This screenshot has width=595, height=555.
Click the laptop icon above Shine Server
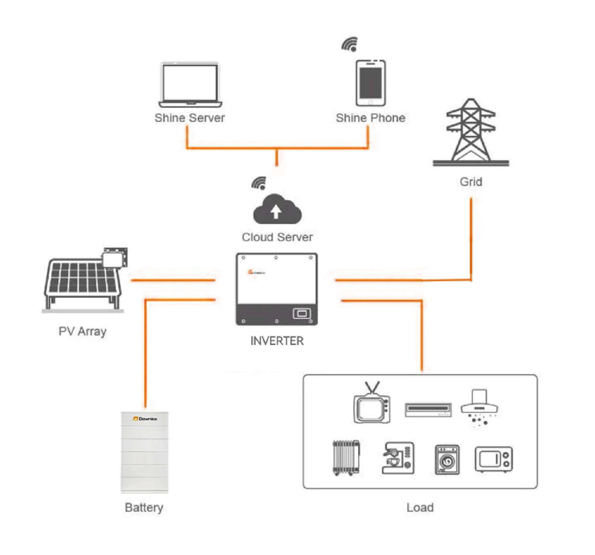190,85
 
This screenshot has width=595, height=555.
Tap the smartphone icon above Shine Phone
370,83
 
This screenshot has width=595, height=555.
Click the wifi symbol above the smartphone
350,44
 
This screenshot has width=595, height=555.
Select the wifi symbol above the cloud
260,183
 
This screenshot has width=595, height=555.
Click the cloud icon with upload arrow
277,210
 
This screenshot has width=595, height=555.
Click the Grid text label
471,182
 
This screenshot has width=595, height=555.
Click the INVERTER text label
277,341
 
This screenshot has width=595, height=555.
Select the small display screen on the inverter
302,313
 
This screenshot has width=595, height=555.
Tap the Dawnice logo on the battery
145,419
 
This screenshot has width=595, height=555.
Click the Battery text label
144,508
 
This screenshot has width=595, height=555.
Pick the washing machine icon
447,460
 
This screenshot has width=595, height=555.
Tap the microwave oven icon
494,459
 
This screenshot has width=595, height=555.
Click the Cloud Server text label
277,237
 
